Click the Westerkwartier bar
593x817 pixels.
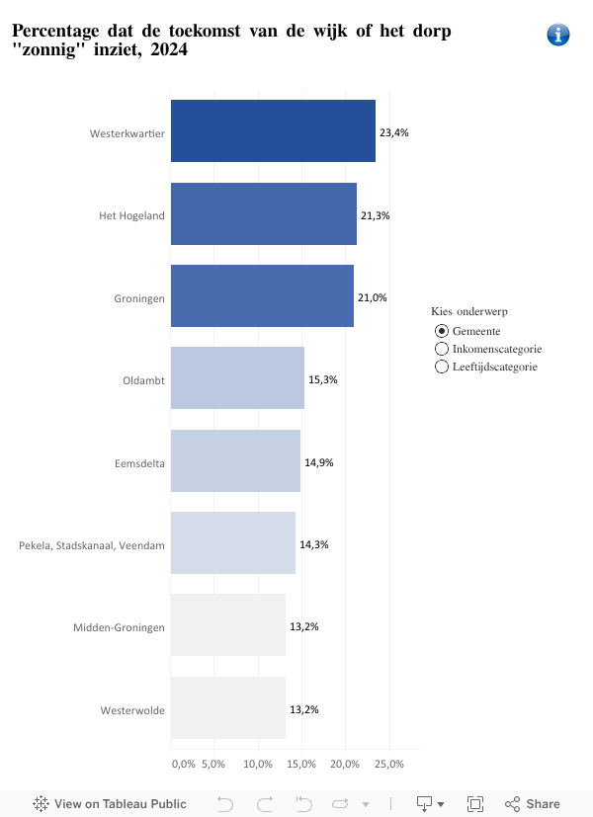pyautogui.click(x=273, y=131)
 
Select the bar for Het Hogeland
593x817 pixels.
pyautogui.click(x=263, y=213)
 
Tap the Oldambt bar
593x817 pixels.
pyautogui.click(x=237, y=378)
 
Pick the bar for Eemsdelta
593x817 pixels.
pyautogui.click(x=235, y=460)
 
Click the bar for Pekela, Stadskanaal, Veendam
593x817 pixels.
pyautogui.click(x=233, y=542)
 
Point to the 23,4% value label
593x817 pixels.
pyautogui.click(x=394, y=132)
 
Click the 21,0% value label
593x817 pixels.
pyautogui.click(x=373, y=297)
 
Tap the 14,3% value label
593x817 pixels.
pyautogui.click(x=314, y=544)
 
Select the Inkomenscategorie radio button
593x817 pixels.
pyautogui.click(x=442, y=349)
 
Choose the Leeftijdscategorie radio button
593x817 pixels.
pyautogui.click(x=442, y=367)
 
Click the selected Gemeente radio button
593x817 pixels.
pyautogui.click(x=442, y=331)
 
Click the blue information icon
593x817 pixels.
pyautogui.click(x=557, y=35)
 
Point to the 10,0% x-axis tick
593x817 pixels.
pyautogui.click(x=258, y=764)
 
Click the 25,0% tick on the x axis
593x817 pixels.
pyautogui.click(x=389, y=764)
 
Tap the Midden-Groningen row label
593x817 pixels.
pyautogui.click(x=119, y=627)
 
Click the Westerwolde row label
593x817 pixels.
pyautogui.click(x=132, y=710)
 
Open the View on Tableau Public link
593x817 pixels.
pyautogui.click(x=110, y=803)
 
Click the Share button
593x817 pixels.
pyautogui.click(x=533, y=803)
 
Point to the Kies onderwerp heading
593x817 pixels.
pyautogui.click(x=469, y=311)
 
